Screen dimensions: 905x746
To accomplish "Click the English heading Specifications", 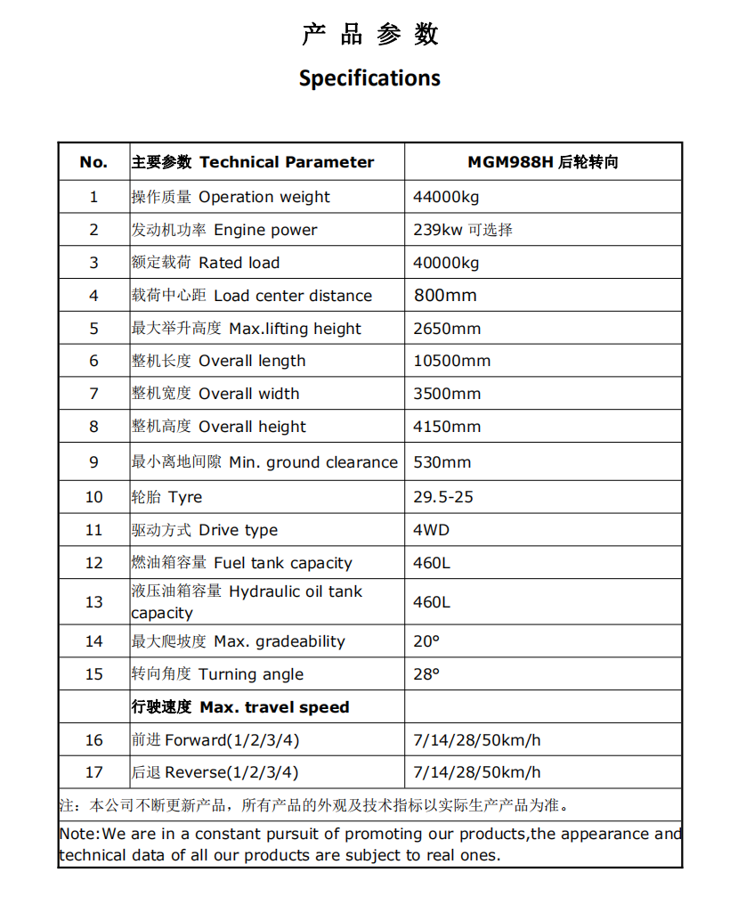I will (x=369, y=78).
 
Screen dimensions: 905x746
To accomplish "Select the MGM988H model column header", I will (x=542, y=162).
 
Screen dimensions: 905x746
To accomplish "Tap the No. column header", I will (x=93, y=162).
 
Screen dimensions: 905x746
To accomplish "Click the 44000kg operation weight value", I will (x=446, y=197).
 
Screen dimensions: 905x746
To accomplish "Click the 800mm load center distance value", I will (x=445, y=296).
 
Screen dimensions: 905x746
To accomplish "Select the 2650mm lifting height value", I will (x=447, y=329).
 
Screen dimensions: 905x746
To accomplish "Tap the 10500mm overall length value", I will (x=452, y=361).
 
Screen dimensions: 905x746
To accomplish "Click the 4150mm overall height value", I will (x=447, y=427).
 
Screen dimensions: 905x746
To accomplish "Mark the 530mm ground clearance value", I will (x=442, y=462).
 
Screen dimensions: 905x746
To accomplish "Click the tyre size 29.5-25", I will (x=443, y=497).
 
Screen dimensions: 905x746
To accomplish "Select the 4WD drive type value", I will (x=432, y=530).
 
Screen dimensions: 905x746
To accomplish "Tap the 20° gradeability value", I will (x=426, y=641).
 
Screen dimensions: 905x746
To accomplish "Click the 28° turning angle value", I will (x=426, y=674).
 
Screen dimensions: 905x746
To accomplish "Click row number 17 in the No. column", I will (x=93, y=772).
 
